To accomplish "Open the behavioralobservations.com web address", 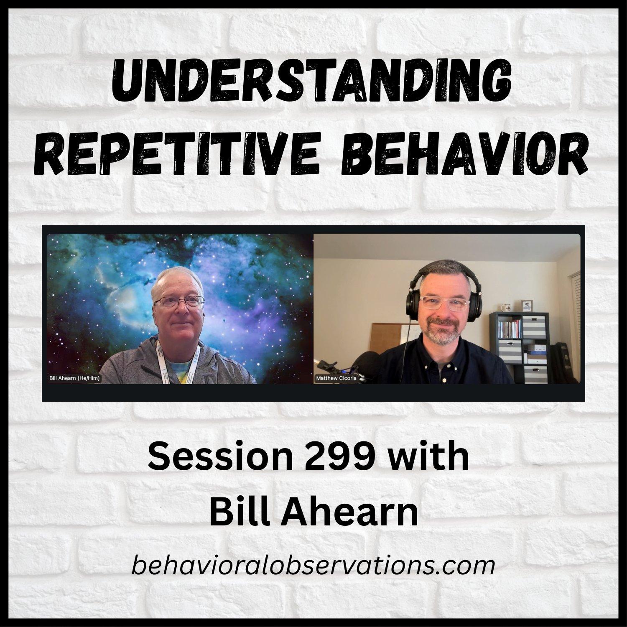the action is point(313,566).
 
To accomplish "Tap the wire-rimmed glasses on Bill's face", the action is point(178,302).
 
